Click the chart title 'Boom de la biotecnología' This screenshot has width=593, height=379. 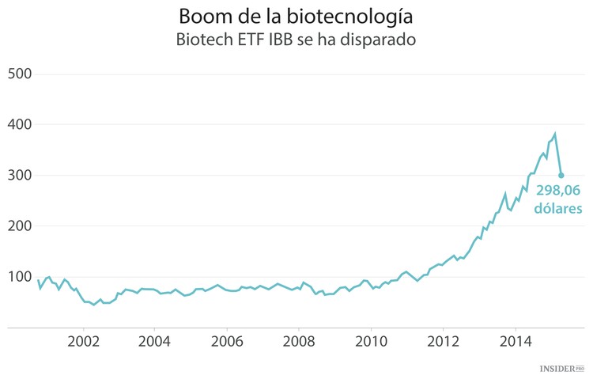click(296, 16)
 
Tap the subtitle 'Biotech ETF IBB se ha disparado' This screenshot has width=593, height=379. click(296, 40)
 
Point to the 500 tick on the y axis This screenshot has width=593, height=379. click(19, 74)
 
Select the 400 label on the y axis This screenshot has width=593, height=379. click(19, 124)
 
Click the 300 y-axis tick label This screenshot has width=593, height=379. click(19, 175)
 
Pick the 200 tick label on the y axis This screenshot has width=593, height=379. click(19, 226)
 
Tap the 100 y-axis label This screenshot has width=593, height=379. click(19, 276)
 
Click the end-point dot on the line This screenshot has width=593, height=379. click(561, 176)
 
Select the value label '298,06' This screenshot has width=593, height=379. click(559, 191)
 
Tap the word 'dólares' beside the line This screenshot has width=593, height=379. click(557, 208)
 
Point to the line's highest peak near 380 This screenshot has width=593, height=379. click(555, 134)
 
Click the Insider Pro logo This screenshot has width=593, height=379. click(561, 369)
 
